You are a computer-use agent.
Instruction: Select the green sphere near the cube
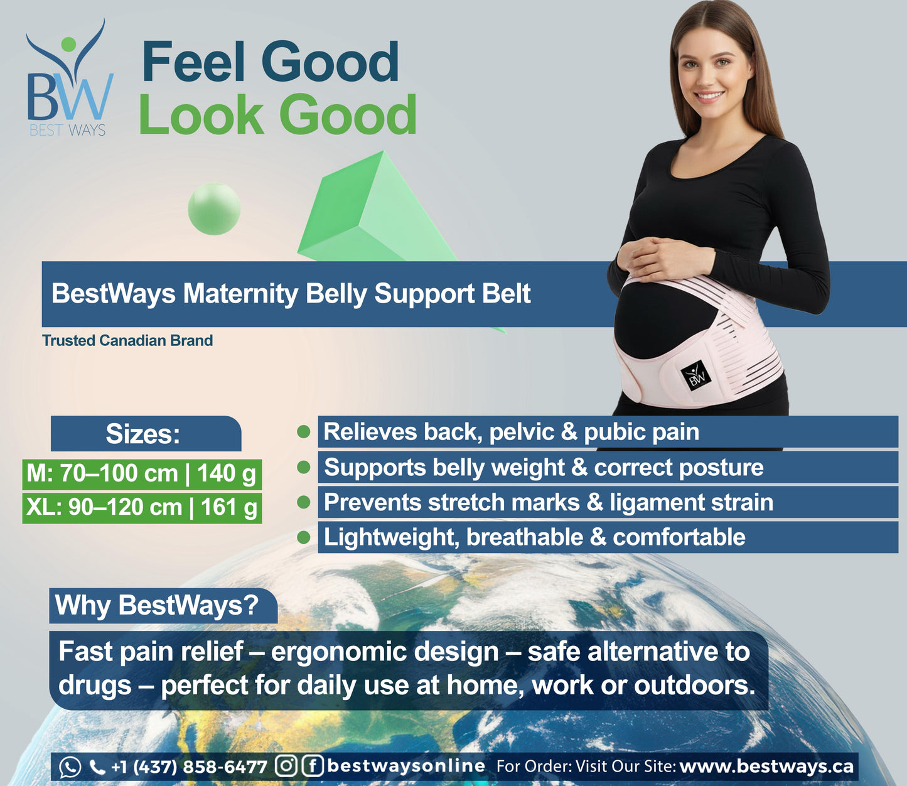click(214, 209)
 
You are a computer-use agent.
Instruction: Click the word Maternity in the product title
click(240, 294)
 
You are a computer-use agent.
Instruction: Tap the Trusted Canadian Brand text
click(127, 340)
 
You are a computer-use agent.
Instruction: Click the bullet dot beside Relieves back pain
click(304, 432)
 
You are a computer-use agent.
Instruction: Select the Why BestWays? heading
click(157, 605)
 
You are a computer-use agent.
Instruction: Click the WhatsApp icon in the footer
click(70, 767)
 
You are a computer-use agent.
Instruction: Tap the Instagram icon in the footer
click(286, 766)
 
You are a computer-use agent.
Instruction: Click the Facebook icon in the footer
click(313, 766)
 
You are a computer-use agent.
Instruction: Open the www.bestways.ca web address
click(766, 767)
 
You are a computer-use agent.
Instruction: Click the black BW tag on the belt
click(695, 375)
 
